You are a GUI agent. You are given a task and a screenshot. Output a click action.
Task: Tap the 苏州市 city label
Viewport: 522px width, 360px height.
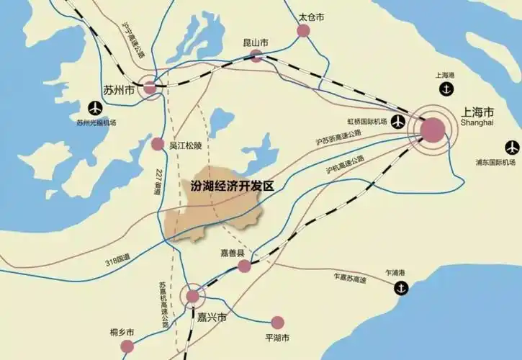coord(120,91)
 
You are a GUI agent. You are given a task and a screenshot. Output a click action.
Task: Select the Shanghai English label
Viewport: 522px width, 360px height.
coord(478,125)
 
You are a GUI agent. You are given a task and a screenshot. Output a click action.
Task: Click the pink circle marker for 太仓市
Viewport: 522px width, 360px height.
coord(303,30)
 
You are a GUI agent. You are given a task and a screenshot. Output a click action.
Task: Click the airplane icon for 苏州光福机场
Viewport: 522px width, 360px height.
coord(95,108)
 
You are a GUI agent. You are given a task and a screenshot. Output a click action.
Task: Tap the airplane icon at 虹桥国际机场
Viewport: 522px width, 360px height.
coord(397,122)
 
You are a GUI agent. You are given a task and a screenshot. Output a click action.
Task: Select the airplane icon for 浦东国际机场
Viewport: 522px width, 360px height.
coord(511,146)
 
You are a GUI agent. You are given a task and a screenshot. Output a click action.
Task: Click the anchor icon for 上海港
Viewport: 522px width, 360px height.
coord(446,89)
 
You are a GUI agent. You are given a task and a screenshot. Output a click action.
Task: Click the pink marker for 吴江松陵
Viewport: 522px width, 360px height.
coord(158,144)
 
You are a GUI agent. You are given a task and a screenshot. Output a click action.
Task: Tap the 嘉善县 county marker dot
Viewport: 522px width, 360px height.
coord(244,266)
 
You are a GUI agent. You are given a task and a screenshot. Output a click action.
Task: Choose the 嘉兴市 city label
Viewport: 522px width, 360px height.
coord(212,317)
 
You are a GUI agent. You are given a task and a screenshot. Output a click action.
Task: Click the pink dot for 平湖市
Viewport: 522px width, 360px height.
coord(277,323)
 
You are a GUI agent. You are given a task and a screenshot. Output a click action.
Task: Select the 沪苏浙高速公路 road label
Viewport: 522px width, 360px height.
coord(338,137)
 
